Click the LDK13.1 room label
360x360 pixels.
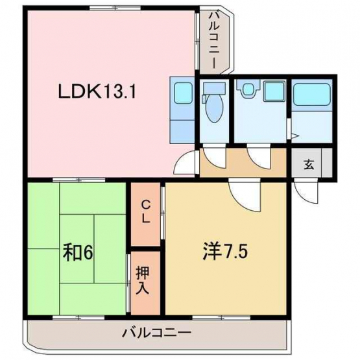tap(97, 91)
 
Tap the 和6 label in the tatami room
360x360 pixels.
tap(78, 253)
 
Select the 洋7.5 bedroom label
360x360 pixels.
tap(225, 252)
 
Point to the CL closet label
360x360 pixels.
tap(145, 212)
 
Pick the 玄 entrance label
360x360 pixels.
tap(309, 164)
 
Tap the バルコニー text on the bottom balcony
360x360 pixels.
tap(156, 333)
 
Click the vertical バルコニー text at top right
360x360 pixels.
tap(215, 40)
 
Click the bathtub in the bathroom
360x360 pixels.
tap(311, 94)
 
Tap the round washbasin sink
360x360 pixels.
tap(248, 89)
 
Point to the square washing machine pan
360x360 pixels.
tap(274, 91)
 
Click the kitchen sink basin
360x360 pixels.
tap(183, 93)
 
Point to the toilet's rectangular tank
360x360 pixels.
tap(215, 88)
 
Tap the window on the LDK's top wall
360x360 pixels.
tap(115, 8)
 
